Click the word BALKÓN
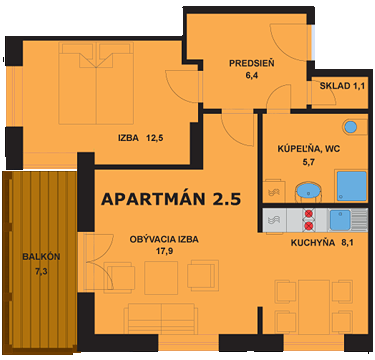click(41, 256)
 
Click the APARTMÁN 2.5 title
click(171, 199)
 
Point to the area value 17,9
click(163, 251)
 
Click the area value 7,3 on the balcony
click(41, 270)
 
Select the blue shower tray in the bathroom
click(350, 185)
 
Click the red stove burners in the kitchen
click(310, 218)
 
